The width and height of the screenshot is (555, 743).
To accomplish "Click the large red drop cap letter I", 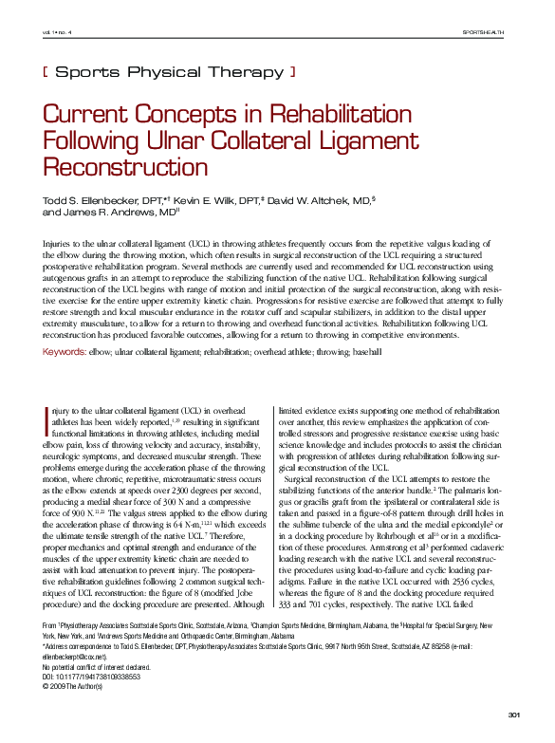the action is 47,418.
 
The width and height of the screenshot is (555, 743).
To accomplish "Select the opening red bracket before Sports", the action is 46,70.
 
